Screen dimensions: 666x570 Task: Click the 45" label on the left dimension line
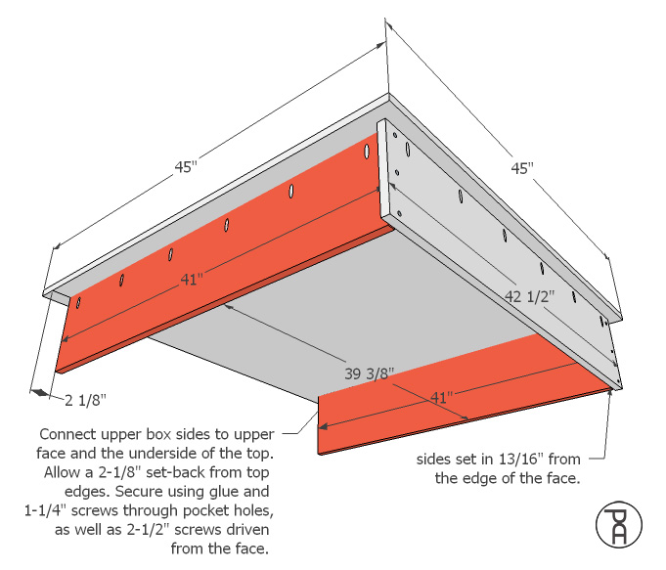[x=186, y=167]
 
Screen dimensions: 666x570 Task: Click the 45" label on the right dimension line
[x=522, y=168]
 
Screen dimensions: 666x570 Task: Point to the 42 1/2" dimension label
[x=530, y=296]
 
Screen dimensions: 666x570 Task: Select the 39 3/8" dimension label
[x=369, y=373]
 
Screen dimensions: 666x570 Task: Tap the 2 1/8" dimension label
[x=85, y=400]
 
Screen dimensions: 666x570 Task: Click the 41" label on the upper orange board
[x=192, y=280]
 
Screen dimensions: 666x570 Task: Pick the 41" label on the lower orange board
[x=441, y=398]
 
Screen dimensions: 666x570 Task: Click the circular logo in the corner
[x=619, y=525]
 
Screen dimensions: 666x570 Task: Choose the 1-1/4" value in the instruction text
[x=45, y=510]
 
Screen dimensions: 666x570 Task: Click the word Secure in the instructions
[x=138, y=492]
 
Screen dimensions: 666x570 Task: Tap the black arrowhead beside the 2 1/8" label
[x=40, y=392]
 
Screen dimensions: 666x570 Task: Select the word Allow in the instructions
[x=63, y=472]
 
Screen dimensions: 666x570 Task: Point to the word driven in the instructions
[x=248, y=530]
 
